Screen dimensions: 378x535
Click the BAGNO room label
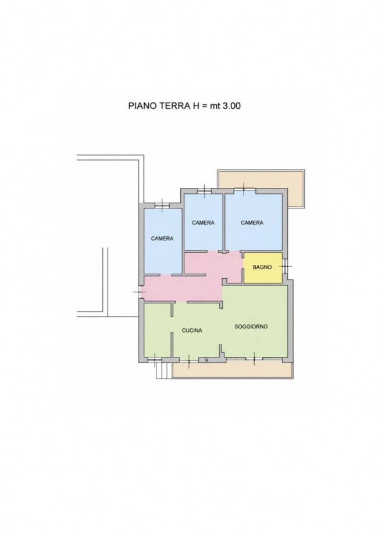click(x=262, y=267)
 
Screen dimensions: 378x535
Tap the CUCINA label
click(x=191, y=330)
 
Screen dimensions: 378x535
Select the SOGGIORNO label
click(x=251, y=327)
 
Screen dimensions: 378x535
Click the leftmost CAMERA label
click(x=162, y=239)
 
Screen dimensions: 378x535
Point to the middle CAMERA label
click(x=203, y=222)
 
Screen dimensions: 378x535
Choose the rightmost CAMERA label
click(x=252, y=222)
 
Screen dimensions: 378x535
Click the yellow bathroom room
click(x=263, y=268)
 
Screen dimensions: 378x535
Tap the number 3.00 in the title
click(x=231, y=106)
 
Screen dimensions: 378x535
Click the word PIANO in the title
click(x=140, y=106)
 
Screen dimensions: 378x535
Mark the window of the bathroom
click(x=285, y=266)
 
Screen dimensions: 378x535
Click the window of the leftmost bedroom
click(x=162, y=206)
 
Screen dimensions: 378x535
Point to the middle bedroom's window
click(x=204, y=191)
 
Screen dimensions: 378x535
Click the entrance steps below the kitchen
click(x=163, y=371)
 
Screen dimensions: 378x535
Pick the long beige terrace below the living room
click(x=233, y=371)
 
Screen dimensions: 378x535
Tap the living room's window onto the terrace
click(x=254, y=359)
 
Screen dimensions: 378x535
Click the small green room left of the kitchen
click(x=157, y=330)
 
